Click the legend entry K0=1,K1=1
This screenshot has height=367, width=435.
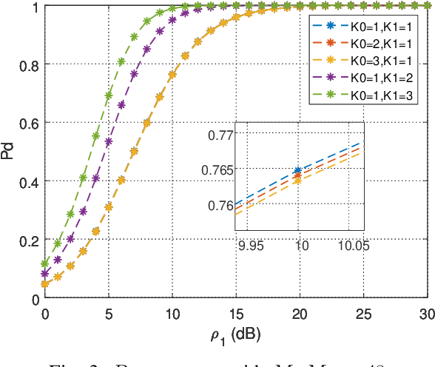366,27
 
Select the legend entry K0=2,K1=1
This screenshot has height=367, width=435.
366,44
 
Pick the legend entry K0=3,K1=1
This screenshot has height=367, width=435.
366,62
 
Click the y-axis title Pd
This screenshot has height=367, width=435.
8,153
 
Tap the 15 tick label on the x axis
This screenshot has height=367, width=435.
236,314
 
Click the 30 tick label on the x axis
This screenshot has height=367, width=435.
427,314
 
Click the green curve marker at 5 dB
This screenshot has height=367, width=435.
109,95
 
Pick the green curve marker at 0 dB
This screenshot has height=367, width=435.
45,263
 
